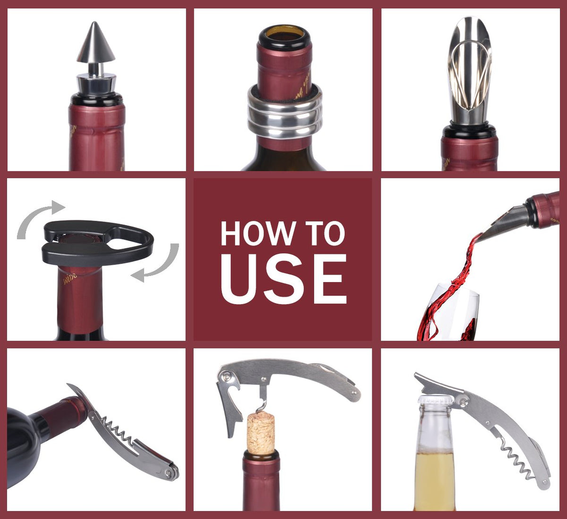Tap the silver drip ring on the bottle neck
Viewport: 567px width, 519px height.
pyautogui.click(x=284, y=113)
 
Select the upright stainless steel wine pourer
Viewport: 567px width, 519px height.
pyautogui.click(x=470, y=75)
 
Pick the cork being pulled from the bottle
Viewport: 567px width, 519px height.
pyautogui.click(x=261, y=433)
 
